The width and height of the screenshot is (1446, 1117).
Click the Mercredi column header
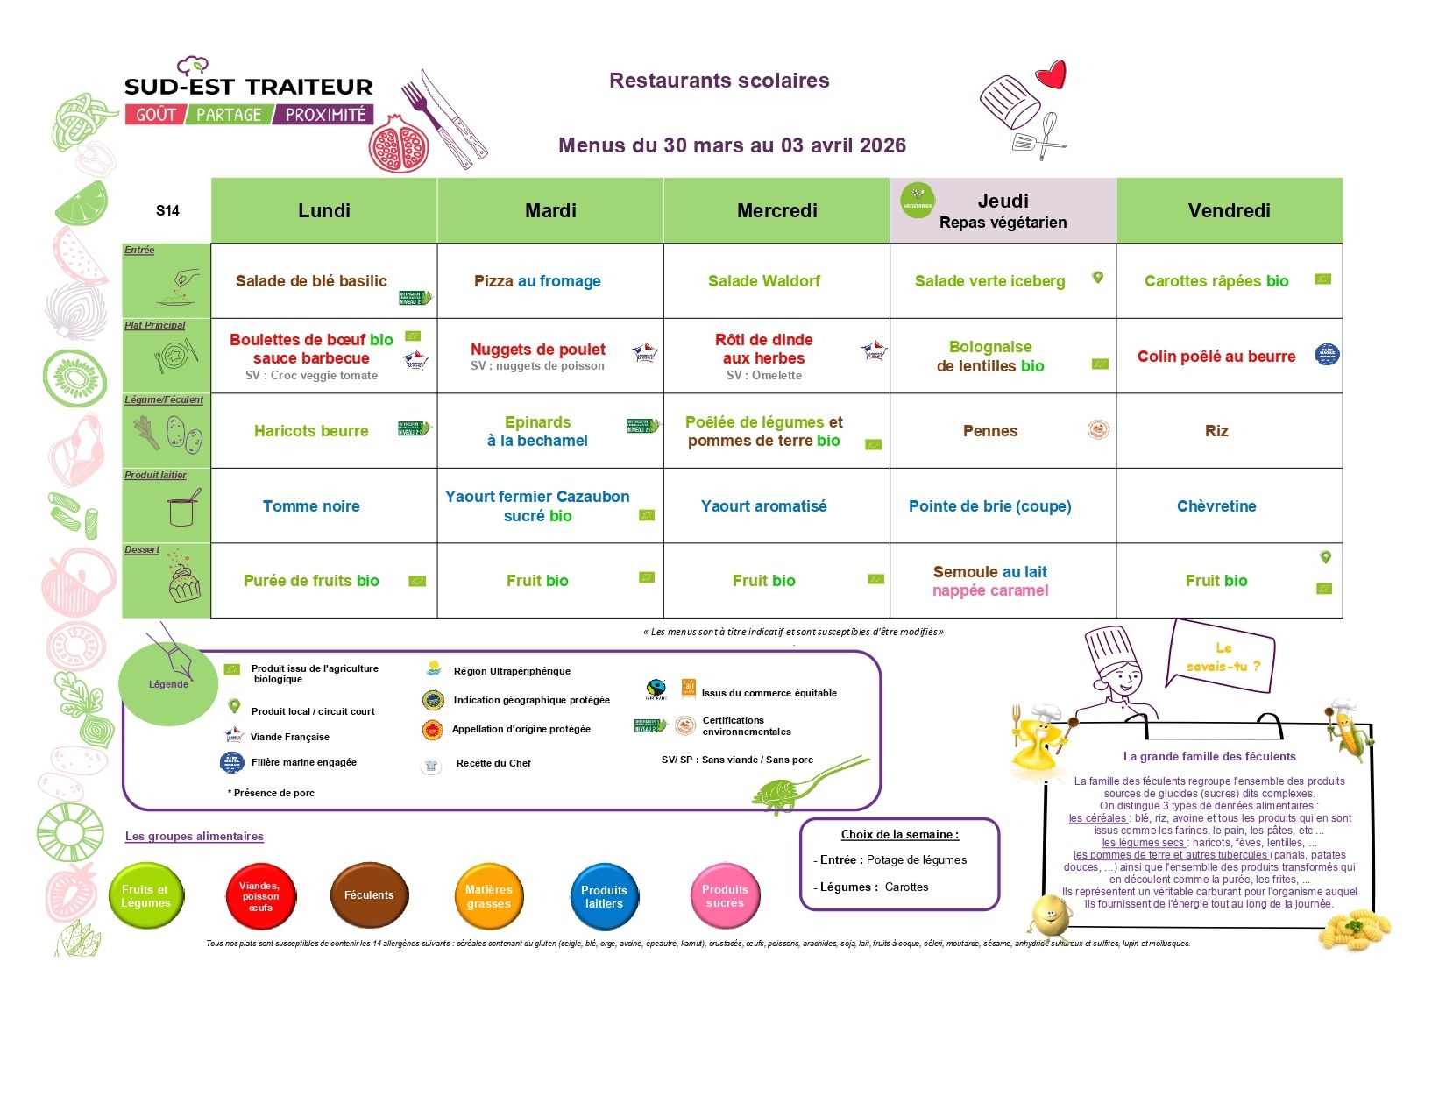coord(776,210)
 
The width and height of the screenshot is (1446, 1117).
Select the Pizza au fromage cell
coord(537,281)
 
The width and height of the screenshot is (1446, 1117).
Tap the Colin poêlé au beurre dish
coord(1216,357)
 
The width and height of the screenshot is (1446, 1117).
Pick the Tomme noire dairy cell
coord(311,506)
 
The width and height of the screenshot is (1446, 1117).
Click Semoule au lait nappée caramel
coord(990,581)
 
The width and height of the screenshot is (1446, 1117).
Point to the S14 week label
coord(167,210)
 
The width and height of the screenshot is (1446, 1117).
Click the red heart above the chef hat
coord(1052,74)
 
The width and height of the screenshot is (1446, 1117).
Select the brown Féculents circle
coord(369,895)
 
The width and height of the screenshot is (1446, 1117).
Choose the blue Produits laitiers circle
coord(604,896)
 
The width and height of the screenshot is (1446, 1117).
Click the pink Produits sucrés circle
coord(725,895)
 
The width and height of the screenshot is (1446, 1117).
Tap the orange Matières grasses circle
coord(488,896)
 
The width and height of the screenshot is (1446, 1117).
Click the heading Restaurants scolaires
coord(719,81)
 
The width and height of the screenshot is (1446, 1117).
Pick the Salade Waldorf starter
coord(763,281)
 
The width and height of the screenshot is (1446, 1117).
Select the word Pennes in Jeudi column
coord(989,431)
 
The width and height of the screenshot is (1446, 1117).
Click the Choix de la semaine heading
coord(899,835)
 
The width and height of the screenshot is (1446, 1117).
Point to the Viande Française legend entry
coord(289,737)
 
